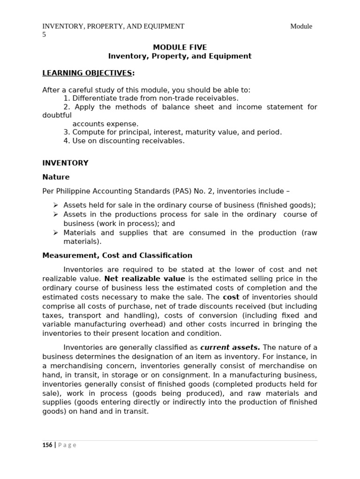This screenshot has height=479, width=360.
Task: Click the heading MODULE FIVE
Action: [x=180, y=47]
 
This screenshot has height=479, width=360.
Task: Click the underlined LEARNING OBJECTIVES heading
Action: [x=87, y=73]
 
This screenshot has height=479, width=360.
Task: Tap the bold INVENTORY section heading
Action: [x=65, y=163]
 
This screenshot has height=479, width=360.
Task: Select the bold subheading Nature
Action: [x=56, y=177]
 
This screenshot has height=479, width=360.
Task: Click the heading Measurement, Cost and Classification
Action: [x=117, y=255]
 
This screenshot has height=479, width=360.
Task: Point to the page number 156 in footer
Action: [x=47, y=445]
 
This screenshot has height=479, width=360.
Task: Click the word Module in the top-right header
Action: [x=301, y=26]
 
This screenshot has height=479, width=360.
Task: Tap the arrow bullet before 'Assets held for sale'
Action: [x=55, y=205]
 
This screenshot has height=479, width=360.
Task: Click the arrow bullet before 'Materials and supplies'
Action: [x=55, y=232]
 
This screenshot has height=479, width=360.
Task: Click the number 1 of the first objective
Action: [x=66, y=98]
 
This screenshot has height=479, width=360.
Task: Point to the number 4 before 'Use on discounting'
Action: [x=66, y=141]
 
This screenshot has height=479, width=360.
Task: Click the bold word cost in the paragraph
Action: [x=231, y=297]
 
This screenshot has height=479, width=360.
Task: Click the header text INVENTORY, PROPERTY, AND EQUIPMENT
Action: [x=113, y=26]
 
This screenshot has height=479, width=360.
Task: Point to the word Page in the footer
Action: [x=67, y=445]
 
